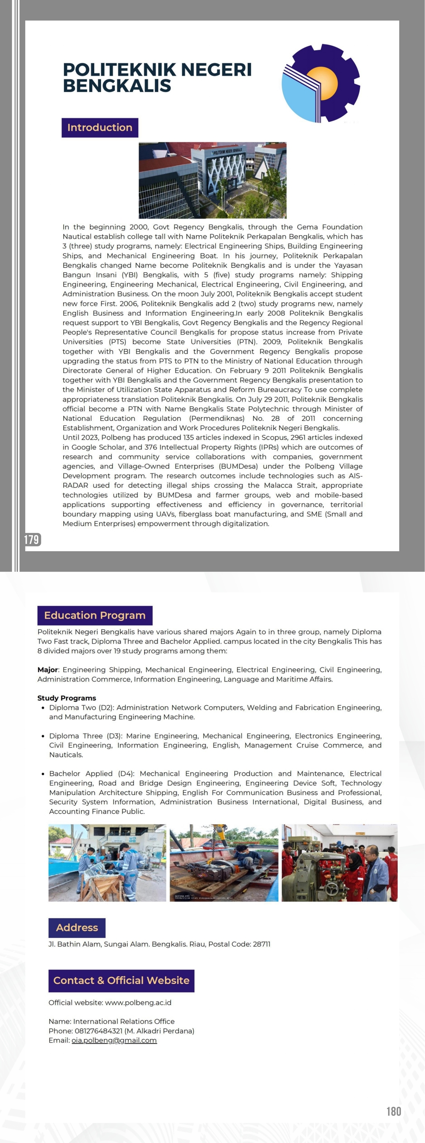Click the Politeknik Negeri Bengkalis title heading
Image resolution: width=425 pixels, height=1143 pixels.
coord(157,77)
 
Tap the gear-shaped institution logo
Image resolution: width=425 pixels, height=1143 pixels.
coord(320,83)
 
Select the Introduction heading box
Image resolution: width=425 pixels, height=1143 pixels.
coord(99,128)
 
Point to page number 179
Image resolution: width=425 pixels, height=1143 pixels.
coord(32,540)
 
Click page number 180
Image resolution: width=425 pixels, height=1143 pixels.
coord(394,1111)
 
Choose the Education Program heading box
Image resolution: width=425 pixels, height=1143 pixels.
coord(95,615)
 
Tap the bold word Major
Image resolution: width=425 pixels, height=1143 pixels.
coord(48,670)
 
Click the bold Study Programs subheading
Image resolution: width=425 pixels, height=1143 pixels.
coord(67,698)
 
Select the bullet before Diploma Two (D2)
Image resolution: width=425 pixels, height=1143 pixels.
coord(42,708)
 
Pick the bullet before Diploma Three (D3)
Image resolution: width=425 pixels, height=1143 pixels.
coord(42,736)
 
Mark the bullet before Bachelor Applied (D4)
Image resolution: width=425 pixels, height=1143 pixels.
coord(42,774)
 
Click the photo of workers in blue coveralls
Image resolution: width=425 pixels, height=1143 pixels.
coord(107,863)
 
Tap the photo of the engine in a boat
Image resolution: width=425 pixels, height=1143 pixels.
coord(224,863)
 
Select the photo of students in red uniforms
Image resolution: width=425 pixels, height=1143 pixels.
coord(339,863)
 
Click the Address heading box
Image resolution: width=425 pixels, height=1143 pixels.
coord(77,928)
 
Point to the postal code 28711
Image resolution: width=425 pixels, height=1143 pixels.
coord(261,944)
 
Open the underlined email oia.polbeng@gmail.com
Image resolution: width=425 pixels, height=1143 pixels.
coord(114,1041)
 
